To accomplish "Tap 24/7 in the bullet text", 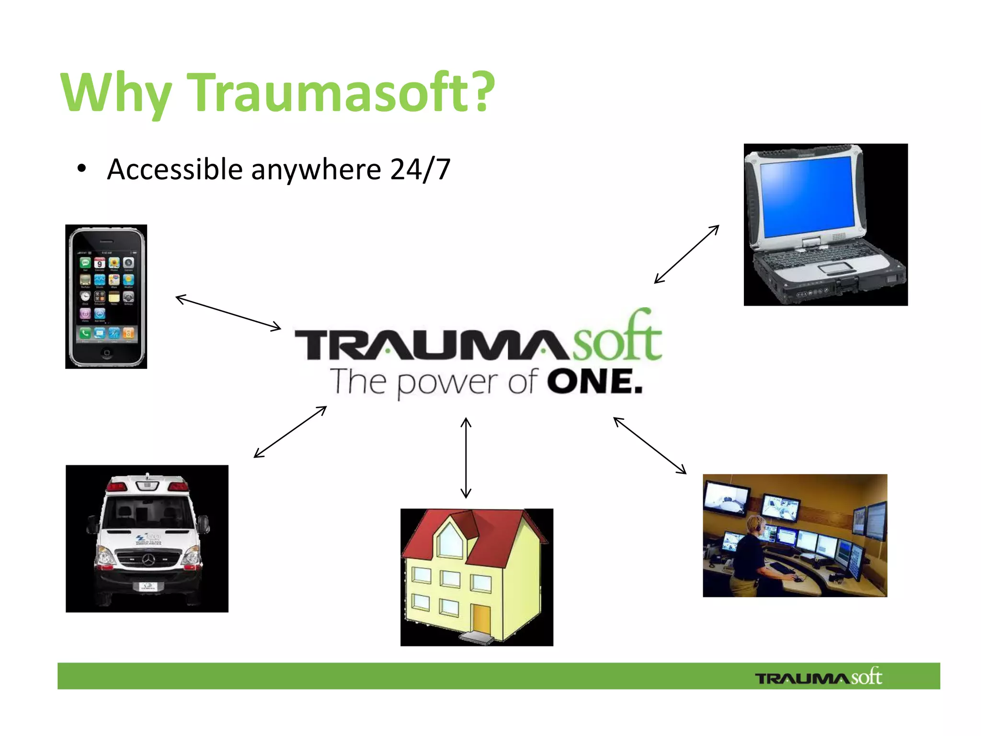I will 420,169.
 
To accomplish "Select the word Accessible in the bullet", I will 175,169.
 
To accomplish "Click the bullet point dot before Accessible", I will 81,169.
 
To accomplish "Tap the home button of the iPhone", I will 106,352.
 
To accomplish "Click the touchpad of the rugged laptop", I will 833,267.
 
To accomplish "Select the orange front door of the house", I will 481,620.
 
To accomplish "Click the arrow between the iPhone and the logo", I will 228,313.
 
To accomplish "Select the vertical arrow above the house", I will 466,458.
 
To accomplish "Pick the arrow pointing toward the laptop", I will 686,254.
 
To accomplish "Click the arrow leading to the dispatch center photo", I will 650,445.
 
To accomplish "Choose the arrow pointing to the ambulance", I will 290,432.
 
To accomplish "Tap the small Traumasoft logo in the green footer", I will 818,677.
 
